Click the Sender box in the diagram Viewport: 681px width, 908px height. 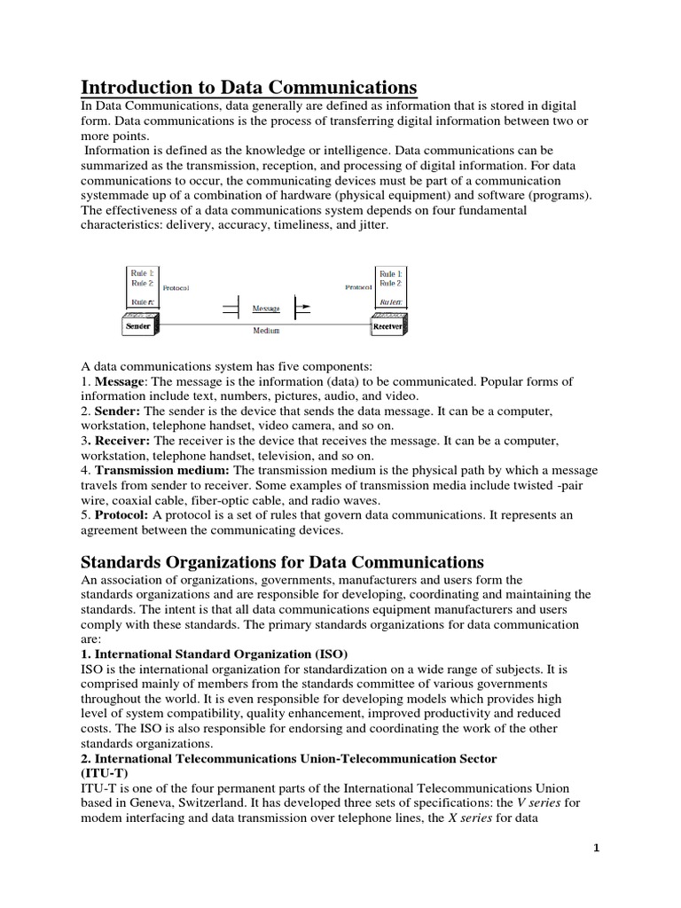coord(140,325)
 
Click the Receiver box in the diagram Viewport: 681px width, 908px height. coord(388,325)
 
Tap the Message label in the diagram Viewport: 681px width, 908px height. coord(266,309)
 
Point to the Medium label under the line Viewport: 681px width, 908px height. coord(266,331)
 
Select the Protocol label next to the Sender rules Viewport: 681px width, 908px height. coord(176,287)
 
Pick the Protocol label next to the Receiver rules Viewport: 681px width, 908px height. coord(357,287)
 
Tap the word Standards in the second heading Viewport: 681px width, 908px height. coord(121,562)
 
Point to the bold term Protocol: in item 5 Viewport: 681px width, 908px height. coord(122,515)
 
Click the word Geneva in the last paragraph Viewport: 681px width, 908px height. coord(143,802)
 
